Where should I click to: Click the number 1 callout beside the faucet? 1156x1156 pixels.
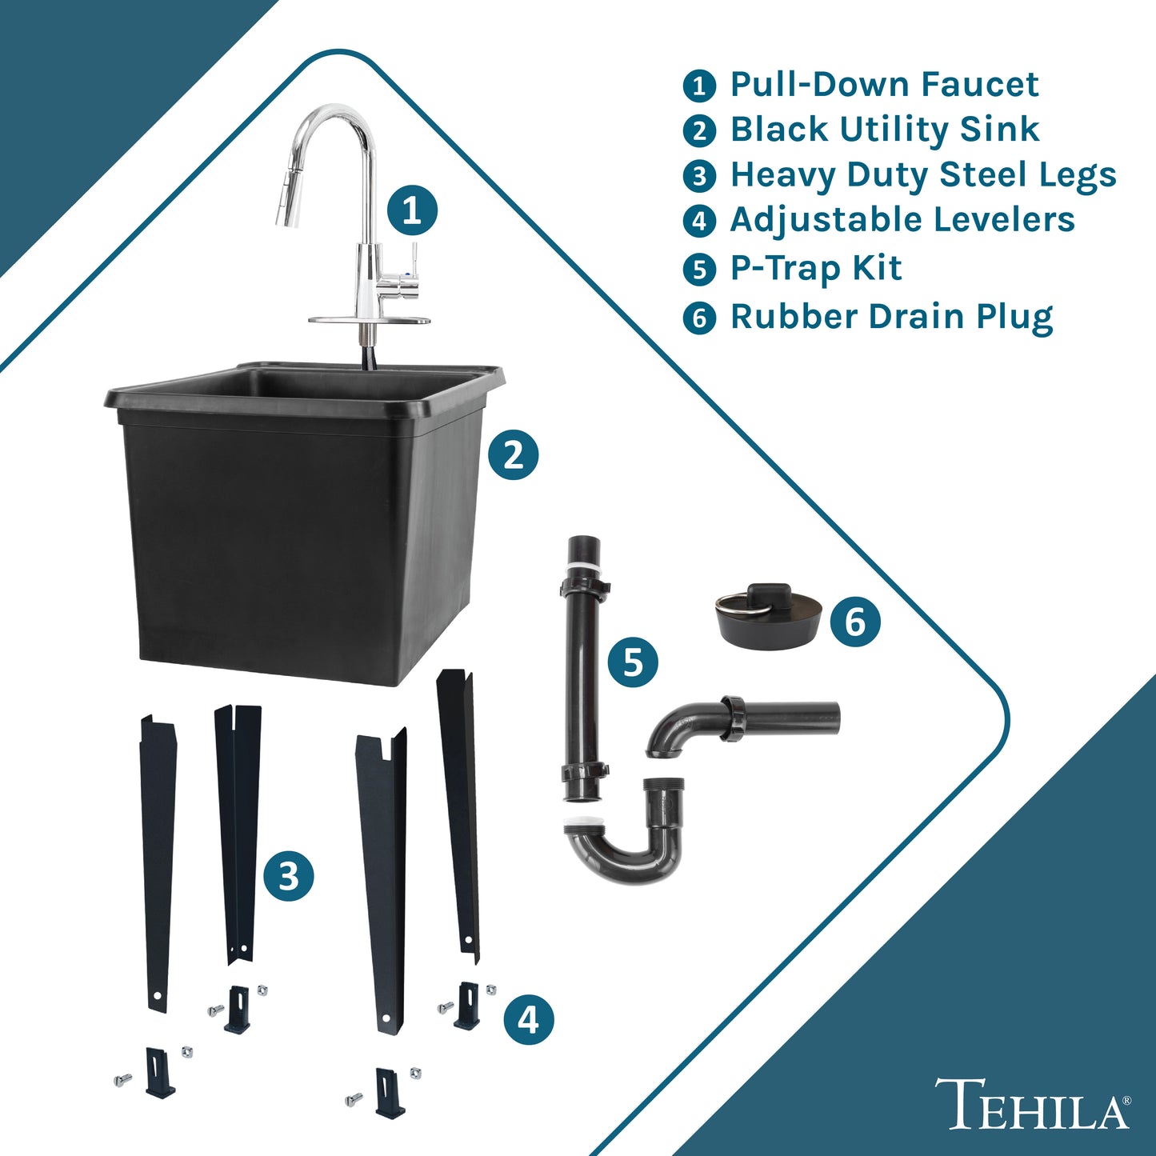pyautogui.click(x=411, y=210)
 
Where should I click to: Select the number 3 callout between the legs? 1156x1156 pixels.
pyautogui.click(x=289, y=876)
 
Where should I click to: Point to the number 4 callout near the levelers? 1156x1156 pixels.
pyautogui.click(x=528, y=1019)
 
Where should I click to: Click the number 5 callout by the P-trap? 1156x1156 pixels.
pyautogui.click(x=633, y=662)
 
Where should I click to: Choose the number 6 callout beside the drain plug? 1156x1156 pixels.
pyautogui.click(x=855, y=622)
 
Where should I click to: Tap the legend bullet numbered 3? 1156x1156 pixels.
pyautogui.click(x=699, y=176)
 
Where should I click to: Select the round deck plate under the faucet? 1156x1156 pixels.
pyautogui.click(x=370, y=320)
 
